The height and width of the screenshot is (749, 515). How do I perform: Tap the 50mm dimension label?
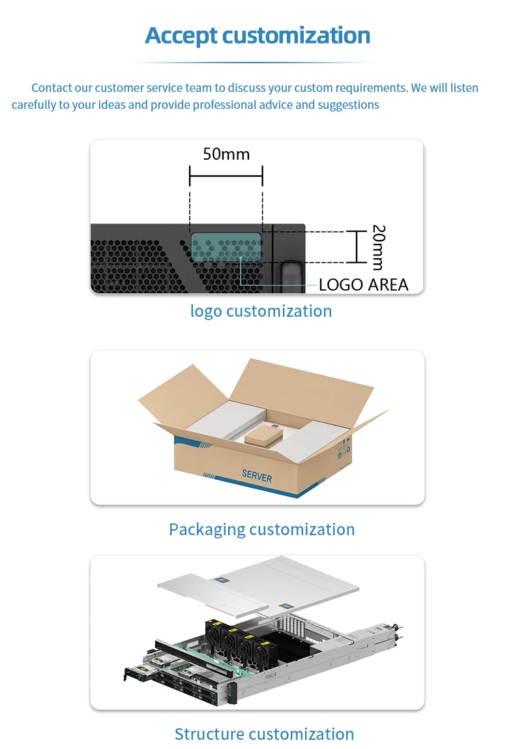pyautogui.click(x=226, y=154)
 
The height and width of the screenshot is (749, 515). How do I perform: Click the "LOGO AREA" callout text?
pyautogui.click(x=363, y=284)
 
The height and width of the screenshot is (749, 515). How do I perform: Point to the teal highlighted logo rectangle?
pyautogui.click(x=226, y=249)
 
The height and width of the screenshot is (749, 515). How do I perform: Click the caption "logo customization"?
pyautogui.click(x=261, y=311)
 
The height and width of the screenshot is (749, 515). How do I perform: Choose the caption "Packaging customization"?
pyautogui.click(x=261, y=529)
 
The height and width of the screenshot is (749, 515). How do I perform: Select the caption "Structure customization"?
pyautogui.click(x=264, y=734)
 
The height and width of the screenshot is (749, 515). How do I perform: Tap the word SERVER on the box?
pyautogui.click(x=257, y=476)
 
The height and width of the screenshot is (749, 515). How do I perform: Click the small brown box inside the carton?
pyautogui.click(x=263, y=435)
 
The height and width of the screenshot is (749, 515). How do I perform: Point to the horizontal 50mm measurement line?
pyautogui.click(x=226, y=175)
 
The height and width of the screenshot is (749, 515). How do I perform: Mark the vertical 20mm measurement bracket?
pyautogui.click(x=356, y=246)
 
